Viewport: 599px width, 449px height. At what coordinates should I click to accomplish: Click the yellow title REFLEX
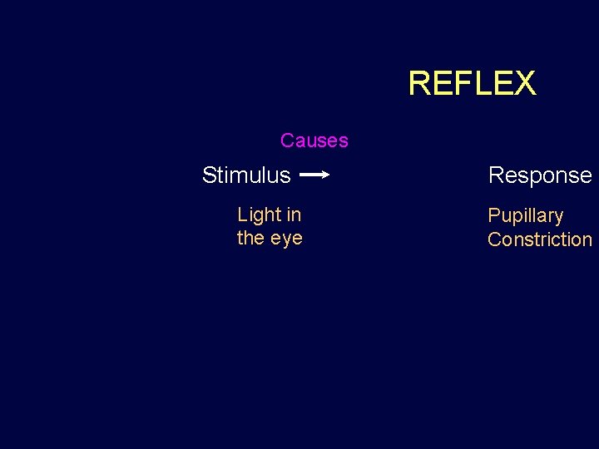point(472,83)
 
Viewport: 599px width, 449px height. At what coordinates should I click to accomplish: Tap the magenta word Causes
point(314,141)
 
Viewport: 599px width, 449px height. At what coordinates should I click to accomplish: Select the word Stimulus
point(246,175)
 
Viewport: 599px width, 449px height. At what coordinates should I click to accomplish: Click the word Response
point(540,175)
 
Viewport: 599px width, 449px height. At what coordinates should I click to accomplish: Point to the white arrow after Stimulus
point(314,175)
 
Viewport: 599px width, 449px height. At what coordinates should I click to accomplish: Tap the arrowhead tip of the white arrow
point(329,175)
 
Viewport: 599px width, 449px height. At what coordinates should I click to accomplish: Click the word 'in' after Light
point(294,215)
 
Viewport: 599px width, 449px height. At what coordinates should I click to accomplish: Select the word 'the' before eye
point(250,238)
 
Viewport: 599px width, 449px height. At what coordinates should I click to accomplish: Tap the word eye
point(285,239)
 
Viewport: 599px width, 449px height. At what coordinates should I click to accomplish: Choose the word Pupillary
point(525,216)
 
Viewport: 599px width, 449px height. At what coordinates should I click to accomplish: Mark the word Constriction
point(540,239)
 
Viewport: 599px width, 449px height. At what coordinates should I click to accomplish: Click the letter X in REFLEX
point(524,83)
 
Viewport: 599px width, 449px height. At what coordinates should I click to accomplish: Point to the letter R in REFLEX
point(418,83)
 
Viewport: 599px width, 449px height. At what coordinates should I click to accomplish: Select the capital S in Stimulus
point(209,175)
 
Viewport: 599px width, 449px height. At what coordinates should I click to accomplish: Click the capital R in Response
point(496,175)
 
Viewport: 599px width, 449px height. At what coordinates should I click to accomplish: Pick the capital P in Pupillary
point(493,215)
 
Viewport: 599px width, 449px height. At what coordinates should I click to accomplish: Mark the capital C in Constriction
point(494,239)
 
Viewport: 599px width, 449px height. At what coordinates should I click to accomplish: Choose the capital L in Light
point(242,215)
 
